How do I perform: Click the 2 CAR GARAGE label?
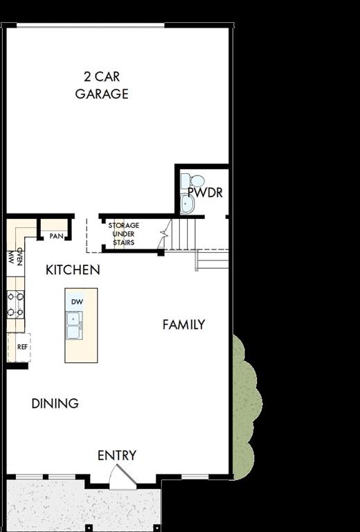coord(102,85)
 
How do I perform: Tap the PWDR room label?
coord(206,193)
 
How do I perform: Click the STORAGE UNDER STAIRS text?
coord(123,234)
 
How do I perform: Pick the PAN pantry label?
coord(56,236)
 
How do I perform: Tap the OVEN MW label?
coord(15,257)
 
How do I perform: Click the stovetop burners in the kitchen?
coord(15,304)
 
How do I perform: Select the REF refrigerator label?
coord(22,347)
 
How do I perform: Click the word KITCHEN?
coord(73,270)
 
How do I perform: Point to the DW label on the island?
coord(76,303)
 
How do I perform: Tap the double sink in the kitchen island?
coord(74,326)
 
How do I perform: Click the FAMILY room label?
coord(183,324)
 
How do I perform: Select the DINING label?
coord(55,403)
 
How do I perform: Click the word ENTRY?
coord(116,455)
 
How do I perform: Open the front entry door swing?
coord(123,477)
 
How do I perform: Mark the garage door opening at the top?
coord(90,26)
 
